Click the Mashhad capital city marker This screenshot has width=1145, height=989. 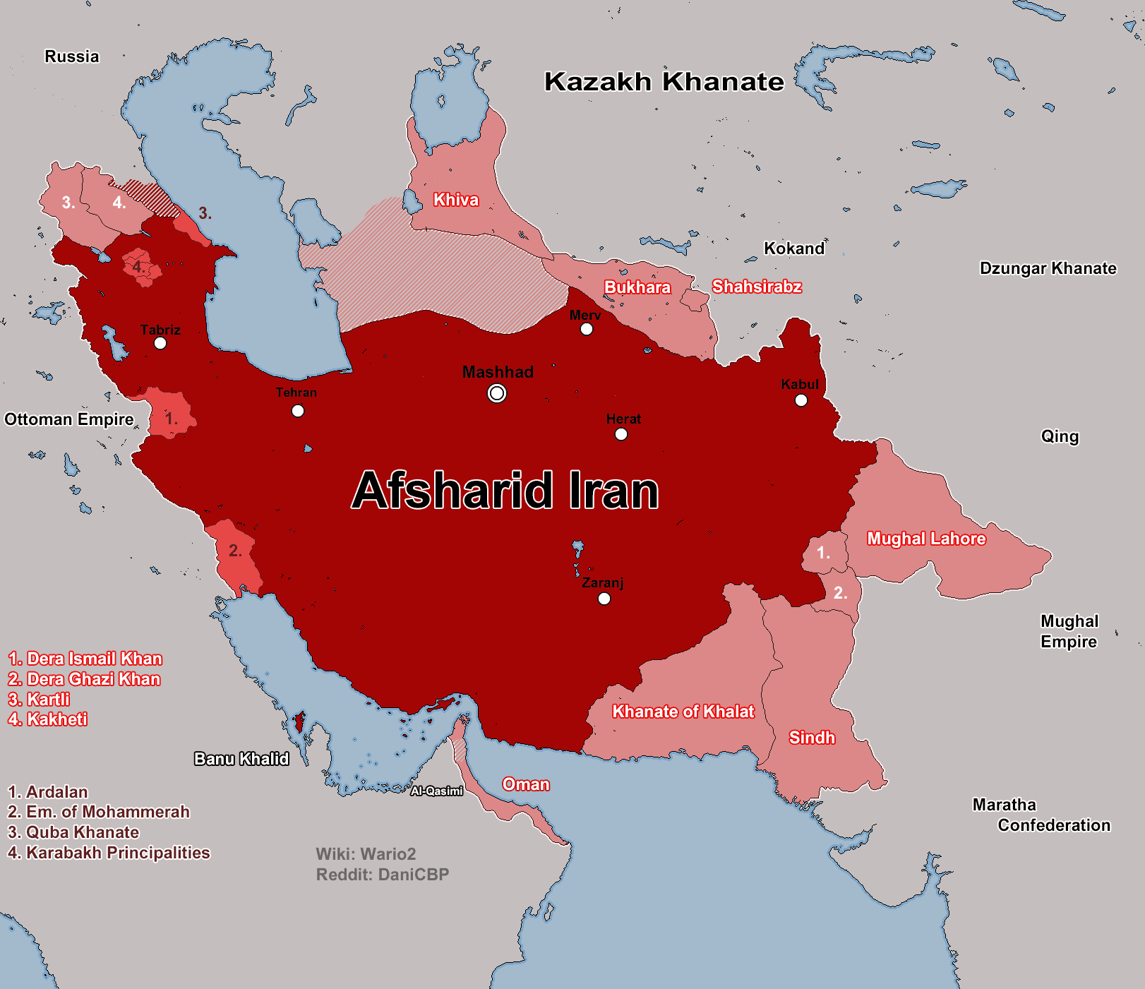click(x=497, y=393)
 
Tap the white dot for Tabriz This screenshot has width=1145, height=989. click(x=160, y=343)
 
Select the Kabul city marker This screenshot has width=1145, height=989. click(x=801, y=400)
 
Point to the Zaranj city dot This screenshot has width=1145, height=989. click(x=604, y=599)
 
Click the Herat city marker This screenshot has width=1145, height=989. click(x=621, y=434)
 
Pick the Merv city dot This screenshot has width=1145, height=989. click(x=587, y=329)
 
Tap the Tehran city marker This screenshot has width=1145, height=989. click(x=298, y=411)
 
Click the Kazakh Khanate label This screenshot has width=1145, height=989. click(x=664, y=82)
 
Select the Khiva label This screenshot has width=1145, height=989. click(x=456, y=200)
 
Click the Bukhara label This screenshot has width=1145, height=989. click(x=637, y=287)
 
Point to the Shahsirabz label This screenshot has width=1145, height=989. click(x=757, y=287)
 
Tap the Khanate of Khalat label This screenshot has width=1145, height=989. click(x=683, y=712)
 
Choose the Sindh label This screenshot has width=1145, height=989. click(x=812, y=738)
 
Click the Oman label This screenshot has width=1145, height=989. click(x=526, y=784)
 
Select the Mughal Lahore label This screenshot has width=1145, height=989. click(x=926, y=539)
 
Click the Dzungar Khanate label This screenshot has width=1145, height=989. click(x=1048, y=268)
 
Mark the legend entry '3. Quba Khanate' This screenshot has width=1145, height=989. click(x=73, y=832)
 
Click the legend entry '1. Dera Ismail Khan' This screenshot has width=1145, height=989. click(x=85, y=659)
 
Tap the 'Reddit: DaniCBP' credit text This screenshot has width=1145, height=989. click(x=383, y=875)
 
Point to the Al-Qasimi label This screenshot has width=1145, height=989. click(x=437, y=791)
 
